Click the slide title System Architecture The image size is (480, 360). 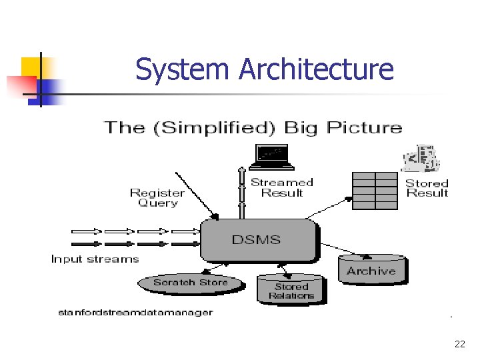pyautogui.click(x=265, y=69)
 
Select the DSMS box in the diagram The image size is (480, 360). pyautogui.click(x=256, y=240)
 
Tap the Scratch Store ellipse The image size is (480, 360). pyautogui.click(x=189, y=283)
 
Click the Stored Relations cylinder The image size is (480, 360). pyautogui.click(x=291, y=290)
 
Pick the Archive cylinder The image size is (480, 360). pyautogui.click(x=371, y=270)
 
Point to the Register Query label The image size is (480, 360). pyautogui.click(x=157, y=198)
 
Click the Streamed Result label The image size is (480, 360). pyautogui.click(x=282, y=187)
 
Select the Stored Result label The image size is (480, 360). pyautogui.click(x=427, y=188)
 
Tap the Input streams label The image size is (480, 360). pyautogui.click(x=95, y=259)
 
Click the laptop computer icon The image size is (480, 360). pyautogui.click(x=271, y=157)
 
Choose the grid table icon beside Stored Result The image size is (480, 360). pyautogui.click(x=374, y=191)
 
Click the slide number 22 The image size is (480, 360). pyautogui.click(x=459, y=344)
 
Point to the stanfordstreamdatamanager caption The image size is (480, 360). pyautogui.click(x=135, y=312)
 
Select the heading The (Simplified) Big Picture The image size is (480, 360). pyautogui.click(x=253, y=127)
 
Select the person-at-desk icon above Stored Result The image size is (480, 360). pyautogui.click(x=421, y=159)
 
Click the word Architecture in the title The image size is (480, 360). pyautogui.click(x=316, y=69)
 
